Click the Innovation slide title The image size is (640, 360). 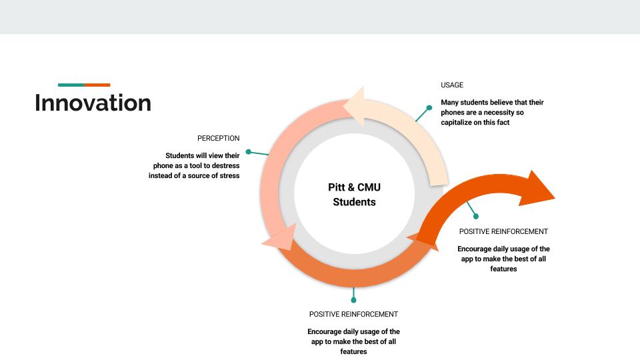tap(93, 103)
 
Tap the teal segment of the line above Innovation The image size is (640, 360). tap(71, 85)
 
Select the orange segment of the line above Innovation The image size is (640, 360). tap(97, 85)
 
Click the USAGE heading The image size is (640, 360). tap(452, 85)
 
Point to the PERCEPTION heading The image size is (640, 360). tap(218, 139)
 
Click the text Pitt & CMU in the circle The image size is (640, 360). tap(354, 188)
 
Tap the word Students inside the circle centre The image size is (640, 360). tap(354, 202)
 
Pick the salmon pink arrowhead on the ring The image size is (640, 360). tap(280, 238)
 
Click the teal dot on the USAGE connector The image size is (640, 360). tap(429, 107)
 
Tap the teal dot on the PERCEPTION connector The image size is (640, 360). tap(248, 151)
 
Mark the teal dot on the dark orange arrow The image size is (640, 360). tap(476, 216)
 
